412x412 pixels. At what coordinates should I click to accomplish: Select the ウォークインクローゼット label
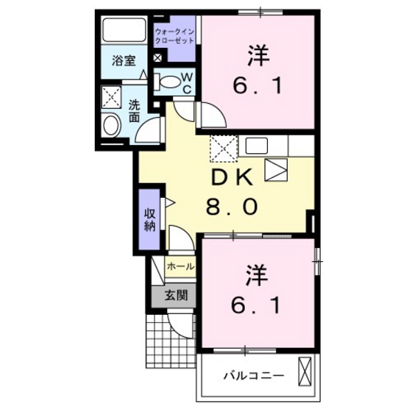click(175, 35)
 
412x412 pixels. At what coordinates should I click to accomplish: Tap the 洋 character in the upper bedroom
click(256, 55)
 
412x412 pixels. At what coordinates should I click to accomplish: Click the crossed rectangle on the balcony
click(305, 372)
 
